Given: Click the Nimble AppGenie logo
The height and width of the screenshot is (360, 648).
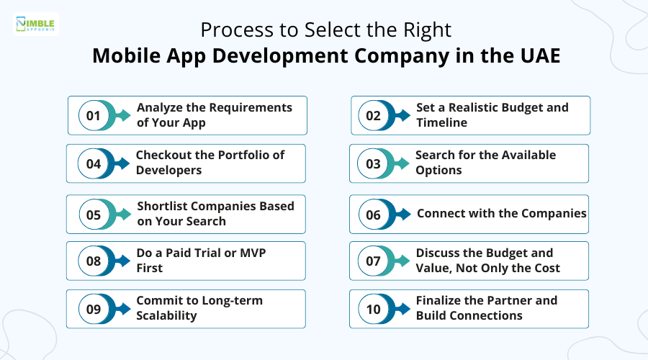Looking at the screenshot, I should point(37,23).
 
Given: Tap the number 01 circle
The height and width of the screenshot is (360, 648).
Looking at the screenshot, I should point(93,116).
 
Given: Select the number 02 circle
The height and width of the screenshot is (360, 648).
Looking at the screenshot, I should point(374,116).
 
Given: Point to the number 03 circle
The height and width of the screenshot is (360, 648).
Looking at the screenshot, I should point(373,163).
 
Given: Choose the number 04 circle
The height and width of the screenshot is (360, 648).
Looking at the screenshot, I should point(93,163).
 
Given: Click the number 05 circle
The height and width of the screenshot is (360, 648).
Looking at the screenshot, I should point(93,214).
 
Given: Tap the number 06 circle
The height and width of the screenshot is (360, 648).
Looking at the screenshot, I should point(373,214).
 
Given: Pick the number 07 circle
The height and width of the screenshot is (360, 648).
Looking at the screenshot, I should point(373,261).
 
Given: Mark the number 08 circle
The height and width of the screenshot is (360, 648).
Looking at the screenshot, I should point(93,261).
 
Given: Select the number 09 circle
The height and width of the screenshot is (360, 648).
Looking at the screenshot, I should point(93,309).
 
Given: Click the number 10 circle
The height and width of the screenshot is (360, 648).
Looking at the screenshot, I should point(373,309).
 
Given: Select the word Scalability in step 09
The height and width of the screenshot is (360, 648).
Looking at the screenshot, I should point(166,315).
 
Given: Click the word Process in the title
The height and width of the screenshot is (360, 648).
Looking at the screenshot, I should point(230,30).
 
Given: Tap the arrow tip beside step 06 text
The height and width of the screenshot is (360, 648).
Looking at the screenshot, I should point(413,214).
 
